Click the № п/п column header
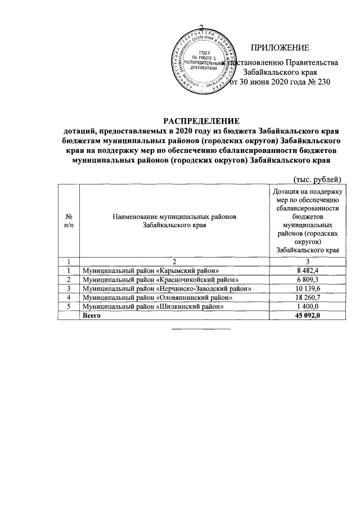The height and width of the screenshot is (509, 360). coord(69,220)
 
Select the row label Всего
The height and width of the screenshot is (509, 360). coord(92,316)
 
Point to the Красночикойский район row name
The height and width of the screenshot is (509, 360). coord(164,280)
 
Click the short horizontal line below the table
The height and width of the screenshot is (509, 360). coord(201,328)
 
